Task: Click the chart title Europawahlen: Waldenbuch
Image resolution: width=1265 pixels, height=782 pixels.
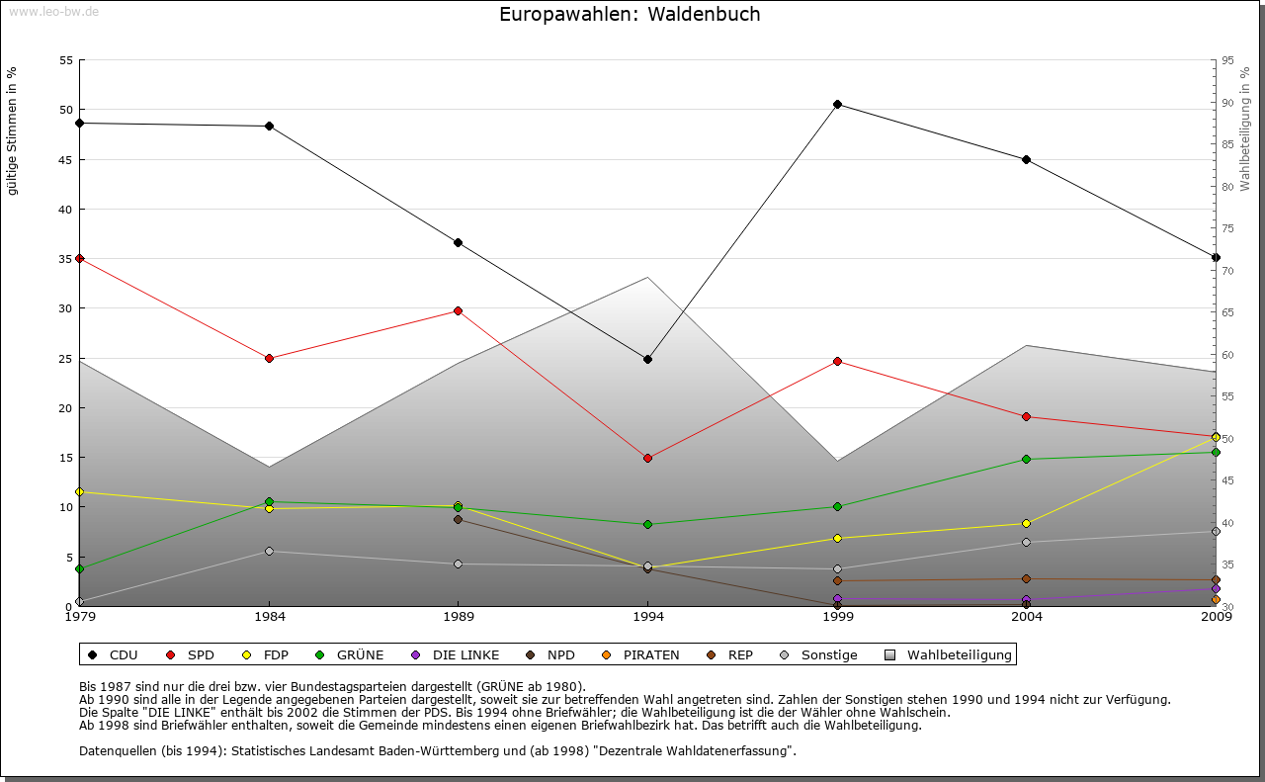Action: pyautogui.click(x=630, y=15)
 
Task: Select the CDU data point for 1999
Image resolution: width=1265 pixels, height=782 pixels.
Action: pyautogui.click(x=837, y=104)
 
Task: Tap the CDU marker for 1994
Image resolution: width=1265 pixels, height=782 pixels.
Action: pyautogui.click(x=647, y=359)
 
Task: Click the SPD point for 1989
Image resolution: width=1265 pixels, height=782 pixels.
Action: pyautogui.click(x=458, y=310)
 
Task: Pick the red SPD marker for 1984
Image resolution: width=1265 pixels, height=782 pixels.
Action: pyautogui.click(x=269, y=358)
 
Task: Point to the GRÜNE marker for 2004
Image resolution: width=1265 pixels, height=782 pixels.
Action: pyautogui.click(x=1026, y=459)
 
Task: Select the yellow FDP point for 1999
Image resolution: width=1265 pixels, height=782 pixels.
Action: pyautogui.click(x=837, y=538)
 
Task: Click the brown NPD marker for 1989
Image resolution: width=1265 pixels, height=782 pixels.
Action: pyautogui.click(x=458, y=519)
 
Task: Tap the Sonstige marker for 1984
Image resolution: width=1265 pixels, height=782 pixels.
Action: pyautogui.click(x=269, y=551)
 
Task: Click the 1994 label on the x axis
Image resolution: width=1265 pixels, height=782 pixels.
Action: pyautogui.click(x=647, y=618)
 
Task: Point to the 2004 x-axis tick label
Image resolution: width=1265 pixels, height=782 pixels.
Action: pyautogui.click(x=1026, y=618)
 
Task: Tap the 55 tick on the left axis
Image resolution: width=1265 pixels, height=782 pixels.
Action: pyautogui.click(x=66, y=60)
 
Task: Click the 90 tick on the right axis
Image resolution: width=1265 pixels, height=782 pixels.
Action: pyautogui.click(x=1226, y=103)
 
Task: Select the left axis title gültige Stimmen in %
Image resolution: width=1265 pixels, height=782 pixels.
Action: pyautogui.click(x=13, y=130)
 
